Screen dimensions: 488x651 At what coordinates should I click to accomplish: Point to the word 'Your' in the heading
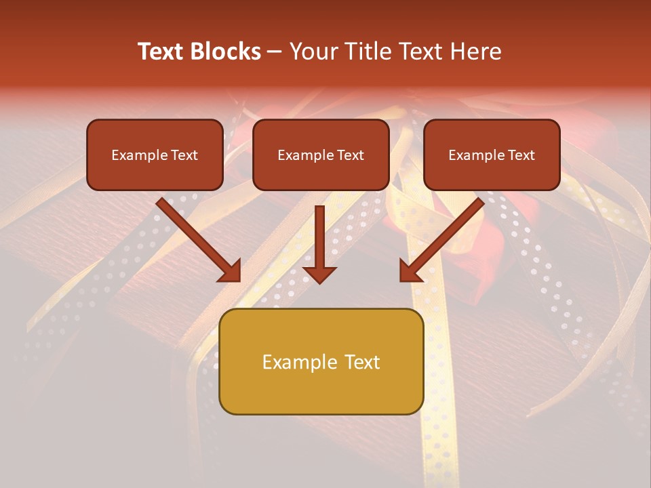(x=310, y=52)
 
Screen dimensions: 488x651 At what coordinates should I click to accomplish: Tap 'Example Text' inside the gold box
(x=321, y=362)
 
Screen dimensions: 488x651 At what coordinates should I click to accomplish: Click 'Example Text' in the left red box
(x=155, y=155)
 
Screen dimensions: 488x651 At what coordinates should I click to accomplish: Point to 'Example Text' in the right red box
(x=492, y=155)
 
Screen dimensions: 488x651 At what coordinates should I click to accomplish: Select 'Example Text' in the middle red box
(x=321, y=155)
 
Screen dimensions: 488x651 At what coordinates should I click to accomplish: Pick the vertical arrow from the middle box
(x=319, y=237)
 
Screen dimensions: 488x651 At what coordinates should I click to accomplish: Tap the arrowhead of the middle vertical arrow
(x=319, y=274)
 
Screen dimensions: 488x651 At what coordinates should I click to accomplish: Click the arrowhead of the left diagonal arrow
(x=231, y=271)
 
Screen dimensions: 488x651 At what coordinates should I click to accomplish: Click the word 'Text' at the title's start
(x=161, y=52)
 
